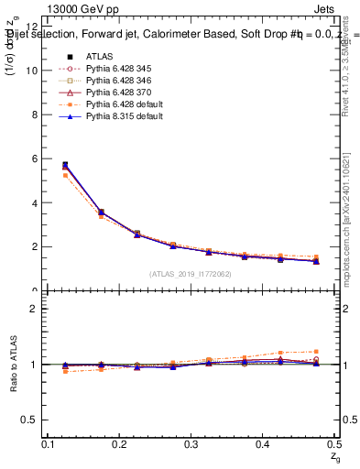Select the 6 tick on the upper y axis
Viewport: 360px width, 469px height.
click(x=34, y=158)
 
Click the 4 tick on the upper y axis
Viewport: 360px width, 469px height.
click(x=34, y=202)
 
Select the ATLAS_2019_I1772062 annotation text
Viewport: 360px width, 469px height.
click(x=190, y=273)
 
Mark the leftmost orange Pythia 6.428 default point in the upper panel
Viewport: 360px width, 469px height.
click(x=64, y=175)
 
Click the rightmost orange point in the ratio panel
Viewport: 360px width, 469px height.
click(x=317, y=351)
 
